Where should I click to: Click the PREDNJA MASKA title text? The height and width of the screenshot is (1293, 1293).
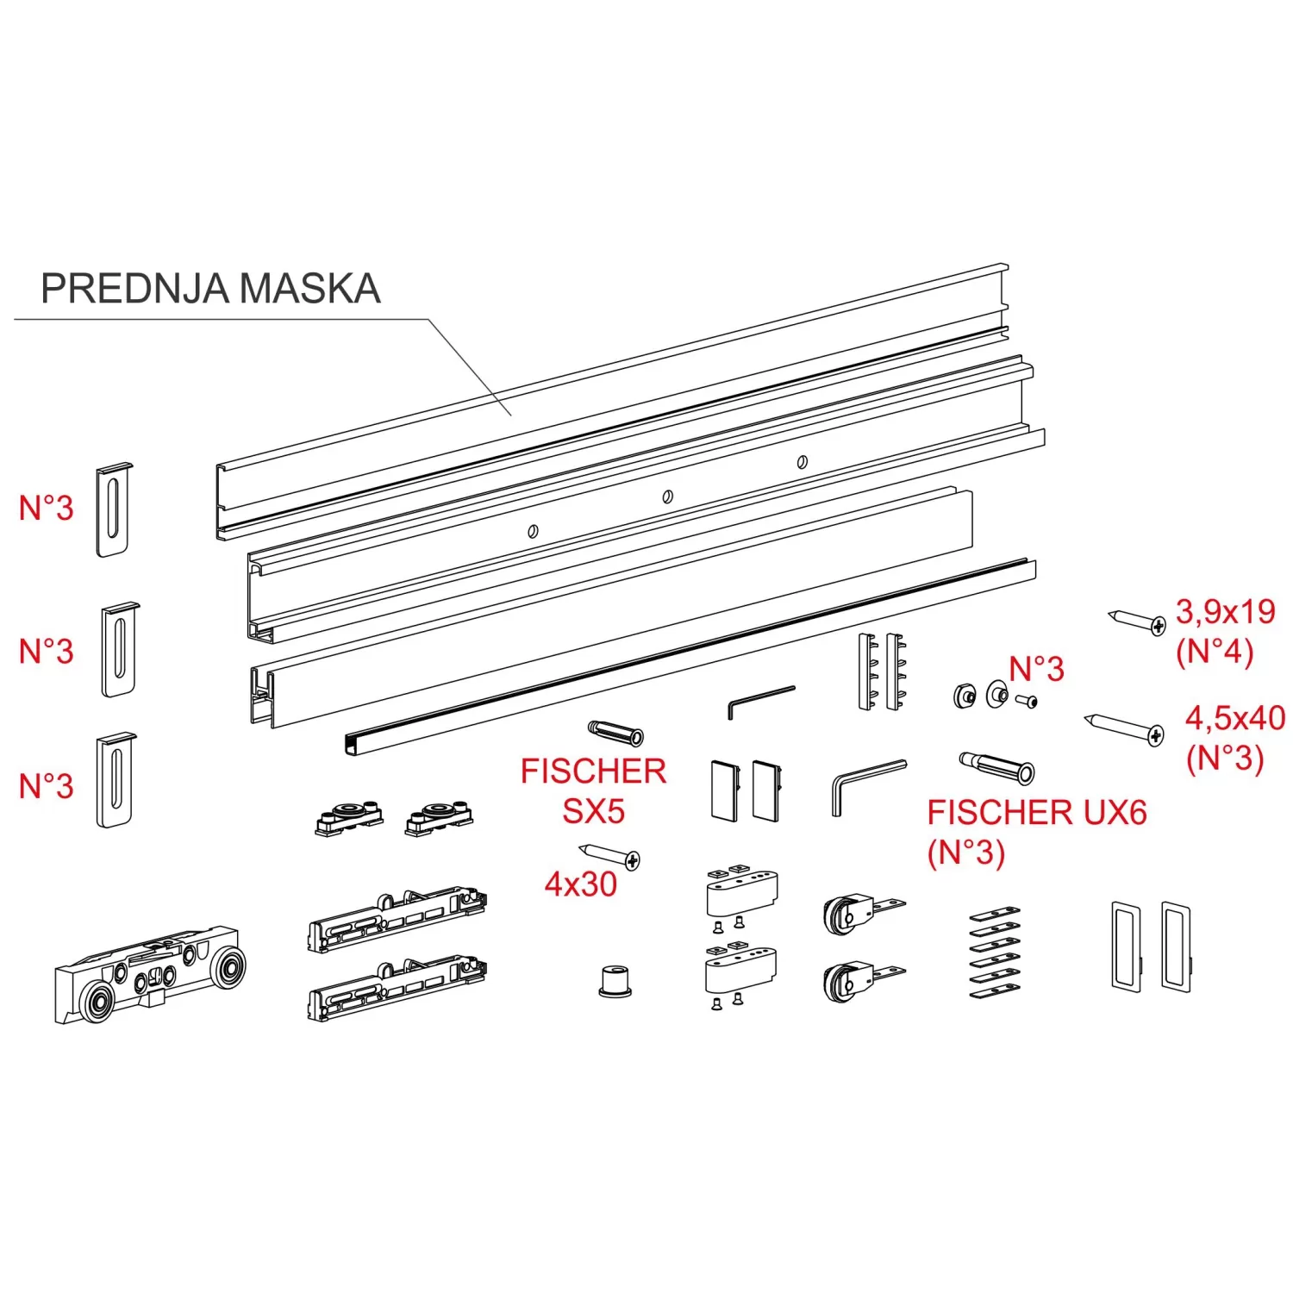coord(210,289)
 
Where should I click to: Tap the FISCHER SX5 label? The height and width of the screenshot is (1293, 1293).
coord(593,790)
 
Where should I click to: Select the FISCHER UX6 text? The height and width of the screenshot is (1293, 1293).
coord(1037,813)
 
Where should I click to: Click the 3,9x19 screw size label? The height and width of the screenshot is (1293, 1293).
coord(1225,612)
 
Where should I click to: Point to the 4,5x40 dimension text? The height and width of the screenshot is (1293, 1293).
coord(1234,718)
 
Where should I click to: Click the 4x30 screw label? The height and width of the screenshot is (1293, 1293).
coord(581,884)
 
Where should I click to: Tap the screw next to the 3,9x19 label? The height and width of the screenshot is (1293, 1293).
coord(1137,621)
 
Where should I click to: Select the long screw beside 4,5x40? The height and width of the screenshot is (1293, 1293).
coord(1124,728)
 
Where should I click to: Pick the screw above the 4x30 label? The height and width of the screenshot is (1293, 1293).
coord(610,856)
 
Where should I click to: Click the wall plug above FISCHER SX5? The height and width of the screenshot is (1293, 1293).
coord(615,732)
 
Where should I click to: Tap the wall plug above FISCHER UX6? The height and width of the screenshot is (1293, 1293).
coord(997,766)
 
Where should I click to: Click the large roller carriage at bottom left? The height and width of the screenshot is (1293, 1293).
coord(148,974)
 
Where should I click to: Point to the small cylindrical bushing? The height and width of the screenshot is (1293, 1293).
coord(615,981)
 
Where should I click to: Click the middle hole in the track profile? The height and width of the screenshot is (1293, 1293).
coord(667,497)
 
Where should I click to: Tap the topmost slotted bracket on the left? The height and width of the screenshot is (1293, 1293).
coord(114,509)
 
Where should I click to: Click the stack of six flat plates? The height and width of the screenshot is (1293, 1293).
coord(995,953)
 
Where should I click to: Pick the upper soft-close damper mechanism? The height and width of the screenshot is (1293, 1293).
coord(397,921)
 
